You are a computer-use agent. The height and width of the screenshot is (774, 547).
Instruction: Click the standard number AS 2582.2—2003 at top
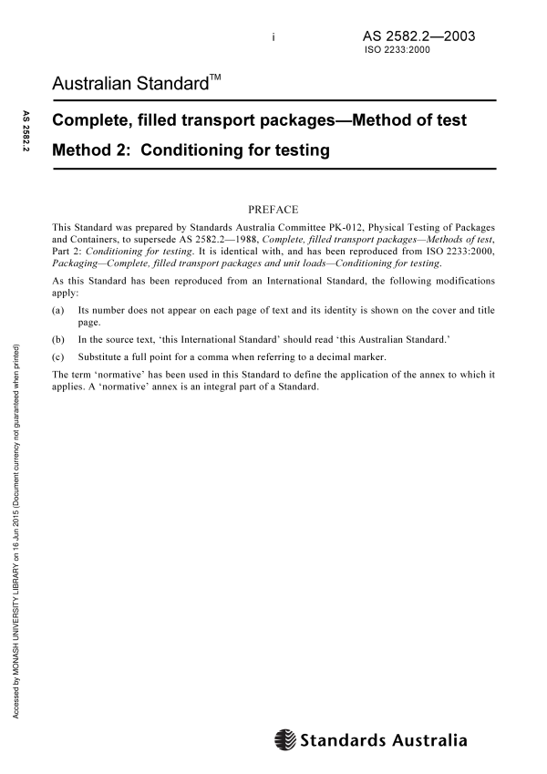click(x=420, y=36)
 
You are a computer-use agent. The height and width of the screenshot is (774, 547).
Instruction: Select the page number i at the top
click(x=273, y=37)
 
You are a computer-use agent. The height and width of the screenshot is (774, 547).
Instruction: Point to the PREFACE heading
click(x=273, y=209)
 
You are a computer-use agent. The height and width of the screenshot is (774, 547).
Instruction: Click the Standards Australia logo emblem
click(x=286, y=740)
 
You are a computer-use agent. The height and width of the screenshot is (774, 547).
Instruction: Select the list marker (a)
click(x=58, y=311)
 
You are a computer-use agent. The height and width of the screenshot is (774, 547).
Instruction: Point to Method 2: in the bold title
click(x=88, y=150)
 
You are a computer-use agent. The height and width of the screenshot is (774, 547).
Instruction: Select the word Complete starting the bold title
click(x=92, y=119)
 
